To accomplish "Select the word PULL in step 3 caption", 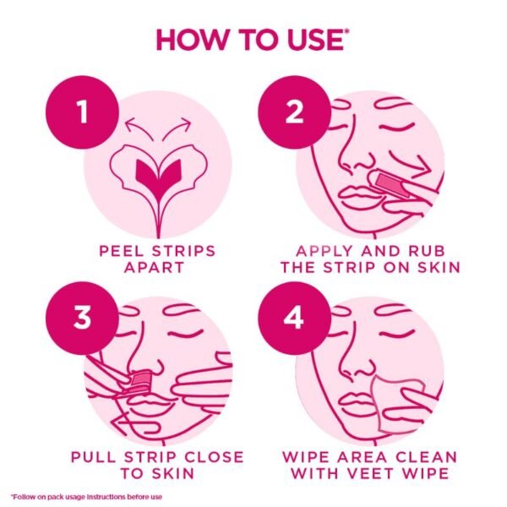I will [97, 457].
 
